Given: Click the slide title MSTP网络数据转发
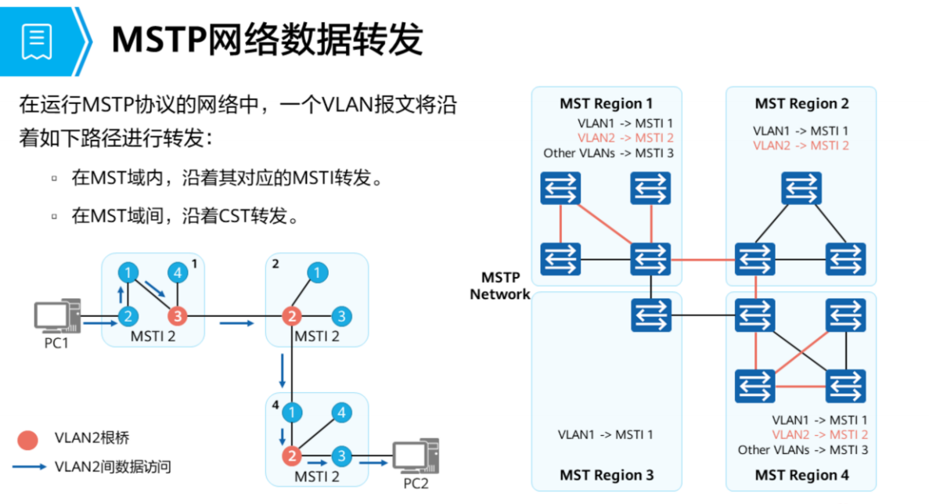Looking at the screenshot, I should coord(267,39).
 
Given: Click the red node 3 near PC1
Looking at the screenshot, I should coord(178,317).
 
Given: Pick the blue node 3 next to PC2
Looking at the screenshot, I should coord(341,456).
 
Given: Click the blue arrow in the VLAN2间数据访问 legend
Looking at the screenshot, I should coord(29,467).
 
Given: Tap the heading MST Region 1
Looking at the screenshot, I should coord(606,104).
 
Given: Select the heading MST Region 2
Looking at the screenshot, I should coord(801,104).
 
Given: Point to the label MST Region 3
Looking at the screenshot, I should coord(606,475).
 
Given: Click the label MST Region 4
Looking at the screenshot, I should coord(801,475).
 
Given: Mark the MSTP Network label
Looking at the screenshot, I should coord(500,286).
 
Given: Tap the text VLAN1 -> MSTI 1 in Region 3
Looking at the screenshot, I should coord(605,435).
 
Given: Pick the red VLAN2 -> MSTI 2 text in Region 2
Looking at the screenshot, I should coord(801,146).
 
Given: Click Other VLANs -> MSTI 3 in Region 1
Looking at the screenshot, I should coord(608,153).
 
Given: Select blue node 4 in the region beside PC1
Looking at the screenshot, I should coord(178,273).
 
